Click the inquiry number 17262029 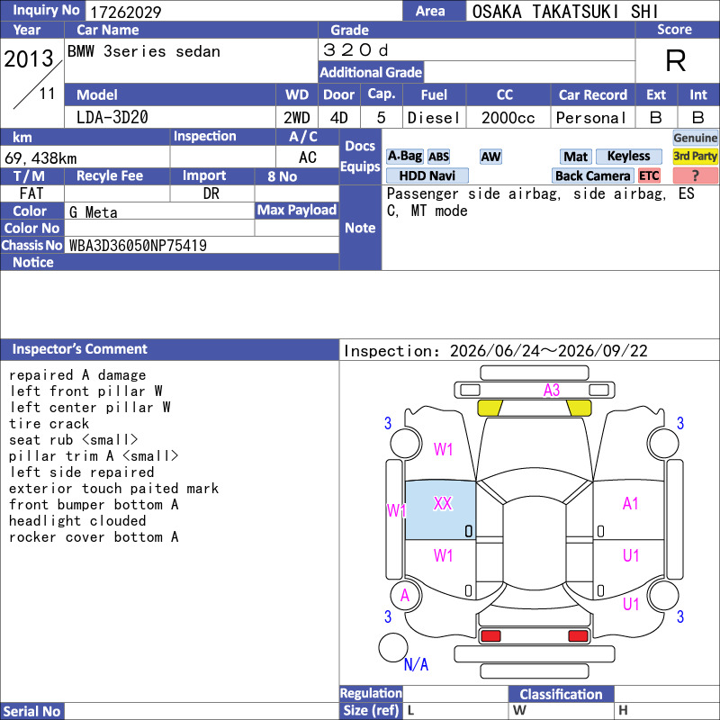coord(125,12)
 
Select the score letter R coord(676,60)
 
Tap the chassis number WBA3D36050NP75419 coord(138,246)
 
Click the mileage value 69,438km coord(40,158)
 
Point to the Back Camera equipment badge coord(592,175)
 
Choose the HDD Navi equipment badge coord(427,175)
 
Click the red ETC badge coord(649,175)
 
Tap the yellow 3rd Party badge coord(695,156)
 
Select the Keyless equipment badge coord(628,156)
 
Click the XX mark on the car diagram coord(443,503)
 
